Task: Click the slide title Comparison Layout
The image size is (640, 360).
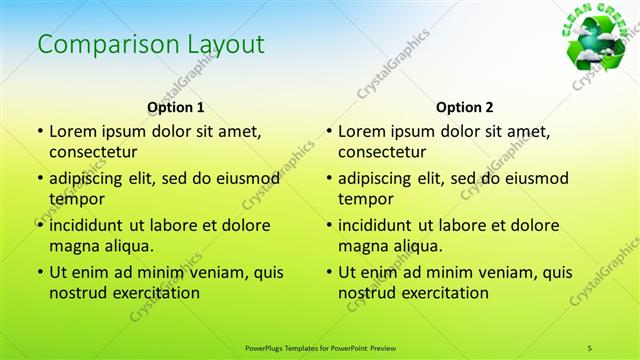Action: (x=151, y=44)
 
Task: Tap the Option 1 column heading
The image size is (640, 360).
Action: (x=176, y=106)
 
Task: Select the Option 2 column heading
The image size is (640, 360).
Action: (x=465, y=106)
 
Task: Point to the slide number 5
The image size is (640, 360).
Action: (x=590, y=347)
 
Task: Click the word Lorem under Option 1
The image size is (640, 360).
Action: (x=73, y=131)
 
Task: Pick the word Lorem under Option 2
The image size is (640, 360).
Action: (x=362, y=131)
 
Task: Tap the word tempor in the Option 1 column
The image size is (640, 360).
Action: (x=77, y=199)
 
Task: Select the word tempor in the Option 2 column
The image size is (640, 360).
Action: (x=366, y=199)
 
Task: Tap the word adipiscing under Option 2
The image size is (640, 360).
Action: (x=376, y=179)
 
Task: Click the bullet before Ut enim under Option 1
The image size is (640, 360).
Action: (x=39, y=272)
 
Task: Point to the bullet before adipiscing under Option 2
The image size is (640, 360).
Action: (x=328, y=179)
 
